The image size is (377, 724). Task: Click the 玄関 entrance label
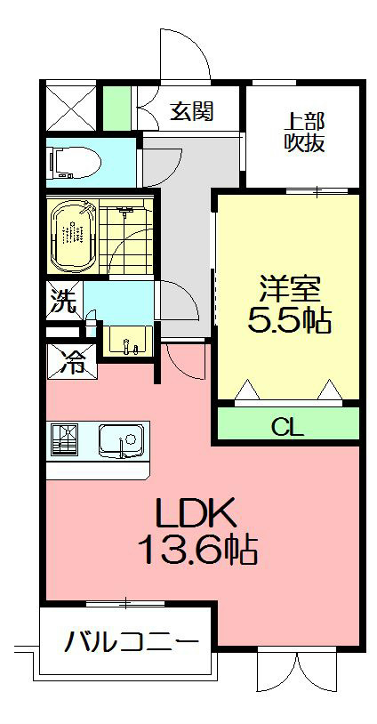(x=192, y=112)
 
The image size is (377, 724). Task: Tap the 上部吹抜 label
(x=304, y=132)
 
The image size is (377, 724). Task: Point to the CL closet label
(x=287, y=427)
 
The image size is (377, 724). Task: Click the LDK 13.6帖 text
(x=196, y=532)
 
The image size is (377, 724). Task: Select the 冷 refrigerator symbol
(x=72, y=360)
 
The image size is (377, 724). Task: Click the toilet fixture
(x=76, y=163)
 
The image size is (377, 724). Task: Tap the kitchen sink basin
(x=121, y=440)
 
